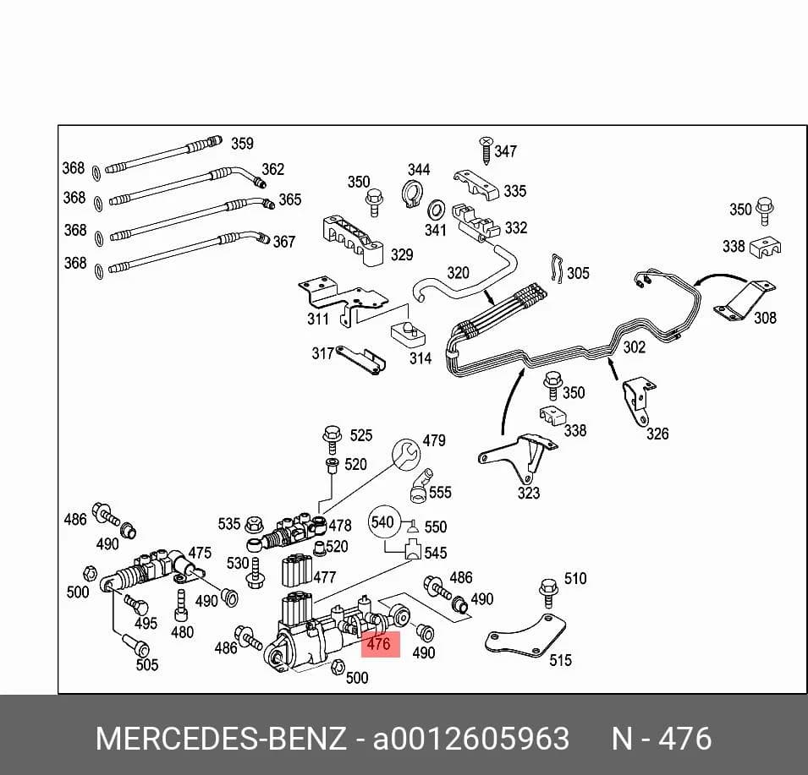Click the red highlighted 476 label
(x=380, y=644)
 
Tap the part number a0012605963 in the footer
(x=471, y=739)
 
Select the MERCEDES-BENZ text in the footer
(x=221, y=739)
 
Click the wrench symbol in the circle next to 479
(x=406, y=453)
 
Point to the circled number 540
(x=382, y=522)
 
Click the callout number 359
(x=242, y=143)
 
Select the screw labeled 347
(x=486, y=150)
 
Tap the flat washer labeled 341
(x=437, y=210)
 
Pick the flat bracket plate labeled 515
(x=525, y=636)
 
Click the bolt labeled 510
(x=548, y=592)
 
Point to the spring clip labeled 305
(x=557, y=268)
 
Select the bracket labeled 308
(x=744, y=301)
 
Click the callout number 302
(x=635, y=347)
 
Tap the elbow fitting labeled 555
(x=420, y=485)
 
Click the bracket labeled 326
(x=638, y=402)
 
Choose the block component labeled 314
(x=408, y=334)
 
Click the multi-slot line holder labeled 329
(x=353, y=241)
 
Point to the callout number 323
(x=529, y=493)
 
